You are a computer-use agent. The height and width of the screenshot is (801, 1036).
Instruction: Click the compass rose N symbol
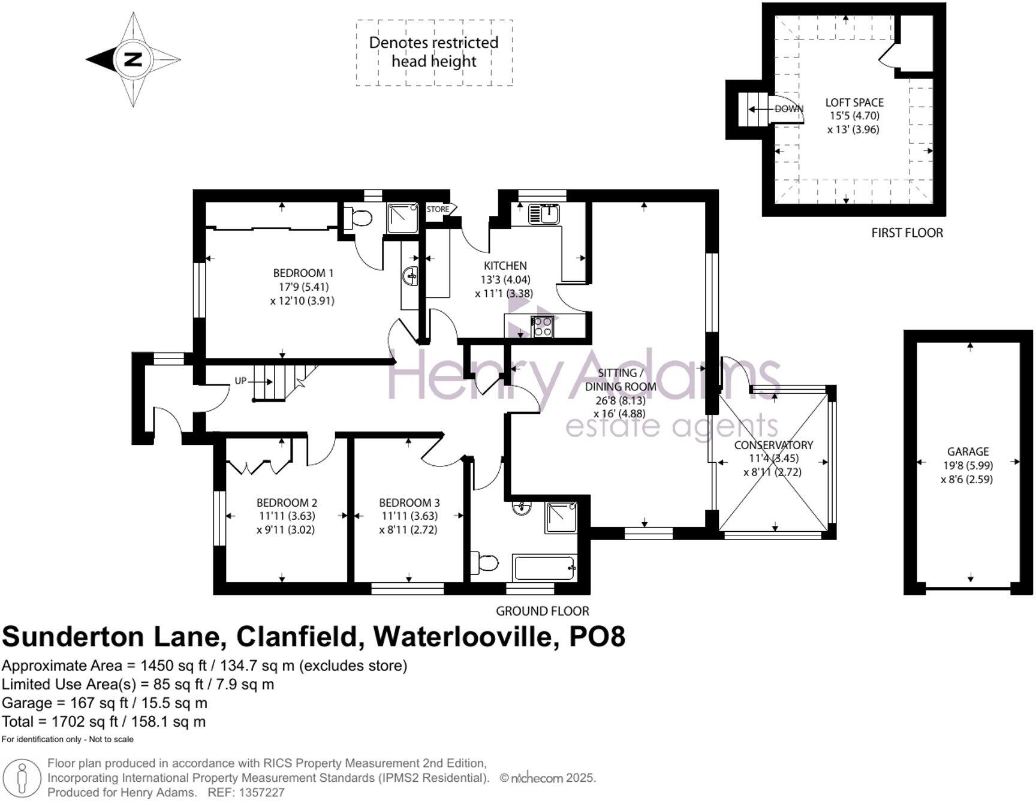[x=133, y=59]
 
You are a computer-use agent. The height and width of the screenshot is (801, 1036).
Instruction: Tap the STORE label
[x=438, y=209]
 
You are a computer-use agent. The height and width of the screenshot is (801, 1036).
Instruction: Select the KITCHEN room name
[x=505, y=265]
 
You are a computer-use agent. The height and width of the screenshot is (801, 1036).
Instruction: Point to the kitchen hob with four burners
[x=543, y=327]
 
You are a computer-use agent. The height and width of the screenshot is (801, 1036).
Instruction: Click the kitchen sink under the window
[x=544, y=213]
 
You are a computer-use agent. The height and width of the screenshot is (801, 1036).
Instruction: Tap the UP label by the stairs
[x=240, y=381]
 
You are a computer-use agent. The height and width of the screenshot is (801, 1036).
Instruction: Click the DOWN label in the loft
[x=788, y=109]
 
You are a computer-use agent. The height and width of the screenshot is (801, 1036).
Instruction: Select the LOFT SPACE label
[x=854, y=103]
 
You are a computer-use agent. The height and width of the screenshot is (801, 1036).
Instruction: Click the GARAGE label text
[x=968, y=451]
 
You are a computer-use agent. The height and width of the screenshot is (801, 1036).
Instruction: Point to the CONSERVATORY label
[x=773, y=445]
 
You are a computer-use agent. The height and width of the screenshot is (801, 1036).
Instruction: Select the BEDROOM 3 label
[x=409, y=502]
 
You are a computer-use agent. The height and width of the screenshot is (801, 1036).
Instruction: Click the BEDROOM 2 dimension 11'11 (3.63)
[x=287, y=516]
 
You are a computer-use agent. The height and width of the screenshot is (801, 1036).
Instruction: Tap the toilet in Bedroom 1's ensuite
[x=359, y=218]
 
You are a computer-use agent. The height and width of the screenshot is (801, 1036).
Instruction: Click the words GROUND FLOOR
[x=542, y=611]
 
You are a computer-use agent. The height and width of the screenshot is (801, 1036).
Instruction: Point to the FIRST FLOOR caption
[x=907, y=233]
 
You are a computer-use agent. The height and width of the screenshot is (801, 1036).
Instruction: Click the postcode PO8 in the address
[x=597, y=636]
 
